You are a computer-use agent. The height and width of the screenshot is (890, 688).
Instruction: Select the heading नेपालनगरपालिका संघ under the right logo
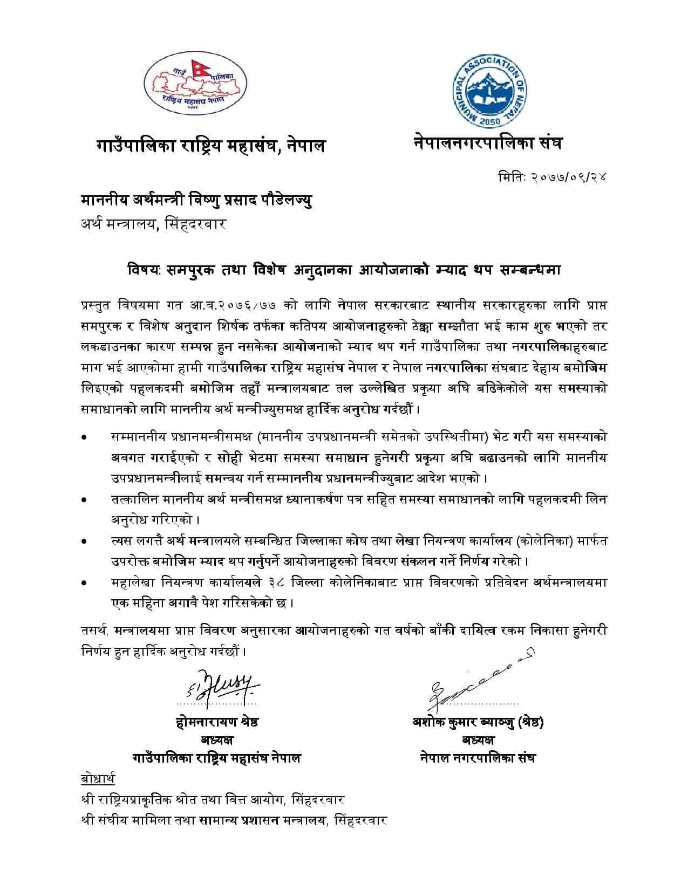pos(488,143)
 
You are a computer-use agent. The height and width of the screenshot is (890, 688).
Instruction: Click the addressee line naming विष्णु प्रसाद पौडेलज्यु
pos(196,201)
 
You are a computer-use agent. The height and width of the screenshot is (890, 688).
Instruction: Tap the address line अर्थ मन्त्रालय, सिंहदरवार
pos(153,223)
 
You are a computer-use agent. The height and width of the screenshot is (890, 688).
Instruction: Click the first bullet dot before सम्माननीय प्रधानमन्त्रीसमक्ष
pos(83,436)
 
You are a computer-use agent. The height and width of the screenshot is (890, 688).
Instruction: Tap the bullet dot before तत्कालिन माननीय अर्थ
pos(83,501)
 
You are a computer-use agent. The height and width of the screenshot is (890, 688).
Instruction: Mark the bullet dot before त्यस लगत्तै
pos(83,540)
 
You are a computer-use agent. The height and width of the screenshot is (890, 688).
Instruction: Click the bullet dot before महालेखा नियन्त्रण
pos(83,583)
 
